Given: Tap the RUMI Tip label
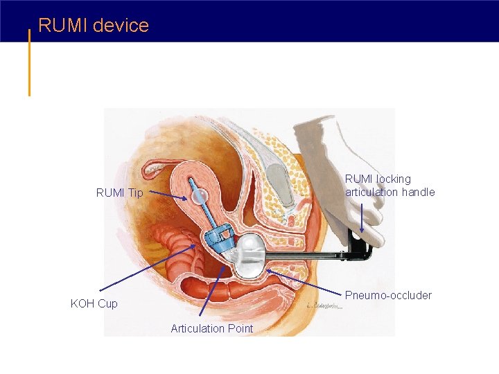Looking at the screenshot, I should click(x=119, y=193).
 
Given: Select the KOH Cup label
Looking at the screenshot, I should click(x=94, y=303).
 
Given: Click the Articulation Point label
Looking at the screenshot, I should click(x=212, y=328).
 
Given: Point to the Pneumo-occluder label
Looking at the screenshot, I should click(x=388, y=296).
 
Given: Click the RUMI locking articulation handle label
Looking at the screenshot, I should click(x=389, y=186).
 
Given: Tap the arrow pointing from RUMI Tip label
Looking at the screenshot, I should click(x=167, y=196).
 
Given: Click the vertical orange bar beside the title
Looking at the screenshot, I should click(x=29, y=62).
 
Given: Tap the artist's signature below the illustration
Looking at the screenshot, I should click(x=325, y=305).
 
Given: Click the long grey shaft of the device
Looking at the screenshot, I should click(x=305, y=258).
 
